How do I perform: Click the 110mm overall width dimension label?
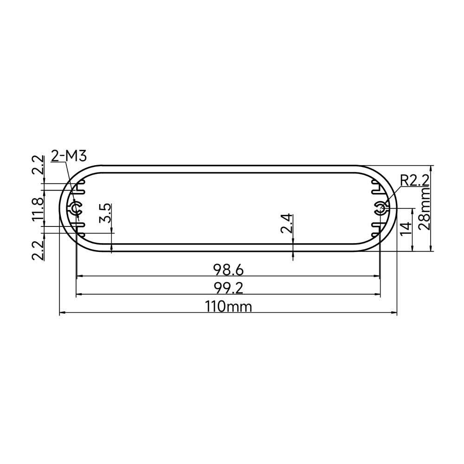[228, 307]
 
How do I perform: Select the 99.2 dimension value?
[228, 288]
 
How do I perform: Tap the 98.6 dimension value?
[228, 270]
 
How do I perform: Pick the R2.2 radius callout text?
[414, 181]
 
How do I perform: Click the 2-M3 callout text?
[69, 156]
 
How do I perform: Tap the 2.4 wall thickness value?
[287, 224]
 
